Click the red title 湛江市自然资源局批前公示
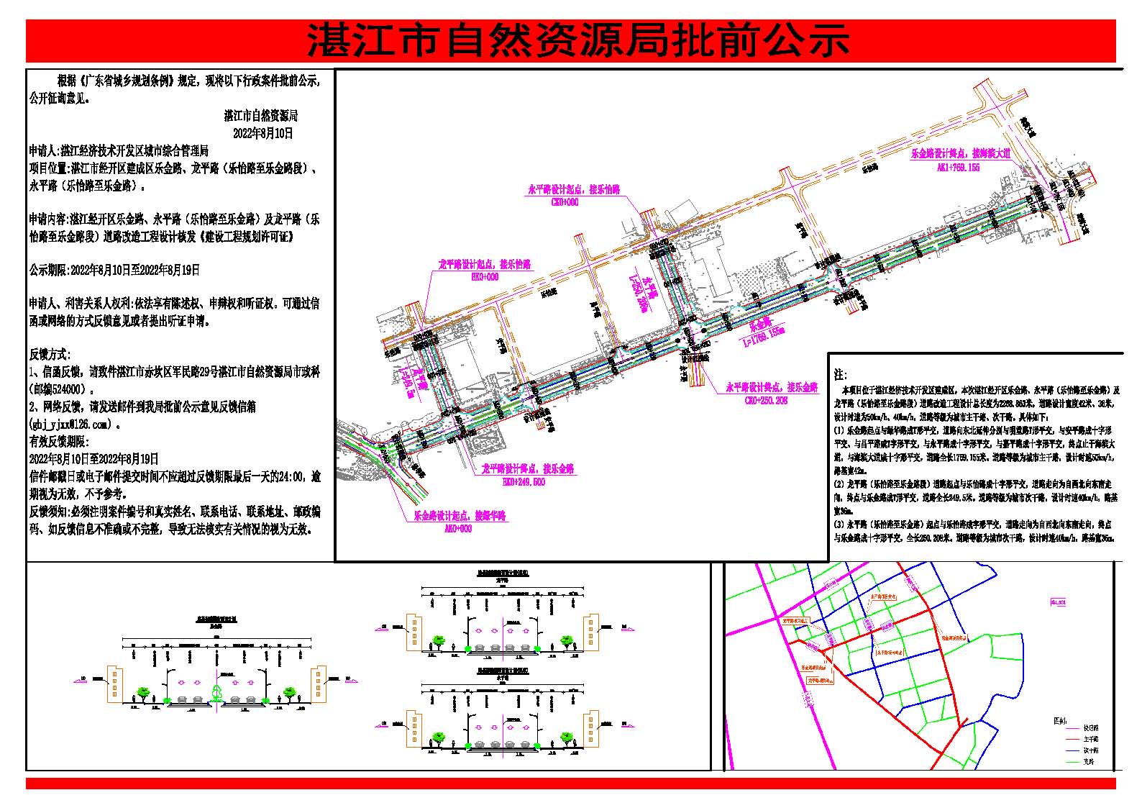[x=577, y=40]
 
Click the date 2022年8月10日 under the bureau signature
[x=263, y=133]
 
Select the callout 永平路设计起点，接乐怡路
[x=574, y=190]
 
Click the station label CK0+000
[x=565, y=202]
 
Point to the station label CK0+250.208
[x=766, y=400]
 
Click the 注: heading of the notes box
[x=839, y=376]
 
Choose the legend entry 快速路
[x=1091, y=727]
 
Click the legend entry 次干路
[x=1091, y=750]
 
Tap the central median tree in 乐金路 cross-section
[x=216, y=692]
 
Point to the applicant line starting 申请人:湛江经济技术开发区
[x=119, y=151]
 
